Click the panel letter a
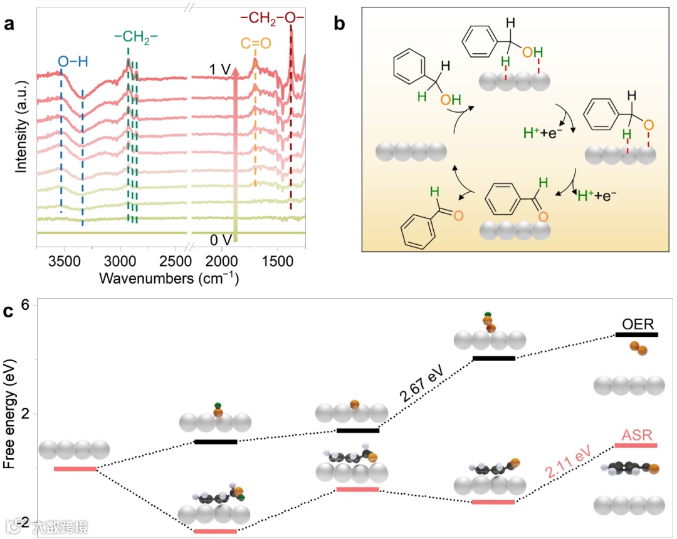(x=9, y=24)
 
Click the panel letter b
(x=339, y=24)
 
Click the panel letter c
(x=9, y=311)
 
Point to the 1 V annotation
(x=220, y=69)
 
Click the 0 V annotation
(x=221, y=239)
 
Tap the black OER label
(x=638, y=324)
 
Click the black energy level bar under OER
(x=637, y=335)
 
